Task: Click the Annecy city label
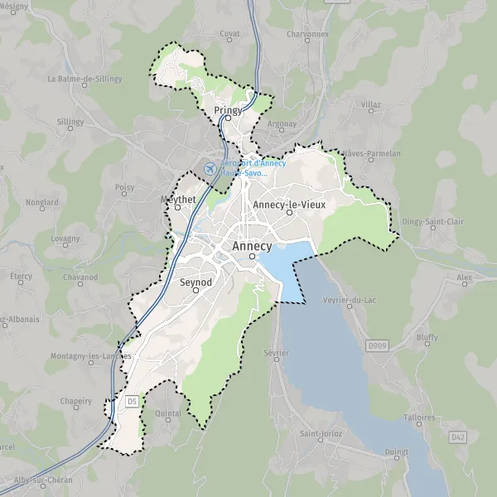(253, 246)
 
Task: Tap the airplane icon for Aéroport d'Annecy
(210, 168)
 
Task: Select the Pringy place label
(228, 109)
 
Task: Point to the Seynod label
(196, 282)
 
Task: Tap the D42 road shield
(458, 436)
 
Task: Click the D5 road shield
(131, 401)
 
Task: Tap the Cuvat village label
(229, 33)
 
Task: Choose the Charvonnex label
(307, 35)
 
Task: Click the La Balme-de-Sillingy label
(84, 79)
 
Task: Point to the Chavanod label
(80, 277)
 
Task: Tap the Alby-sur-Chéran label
(41, 480)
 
